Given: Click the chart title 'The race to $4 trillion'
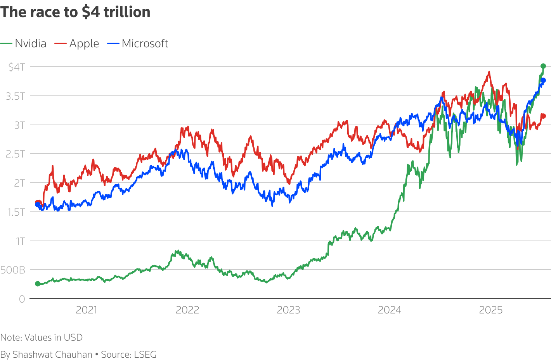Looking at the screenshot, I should coord(75,12).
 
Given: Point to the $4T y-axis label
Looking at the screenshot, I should coord(17,67).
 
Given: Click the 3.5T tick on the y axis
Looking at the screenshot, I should coord(16,96).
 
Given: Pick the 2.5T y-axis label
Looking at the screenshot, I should coord(16,154).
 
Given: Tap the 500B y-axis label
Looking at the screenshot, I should coord(13,270).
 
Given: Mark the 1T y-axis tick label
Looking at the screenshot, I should coord(20,241).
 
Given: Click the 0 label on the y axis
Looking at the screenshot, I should coord(22,299).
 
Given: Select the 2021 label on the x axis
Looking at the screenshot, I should coord(86,310).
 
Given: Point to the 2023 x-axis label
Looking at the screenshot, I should coord(288,310).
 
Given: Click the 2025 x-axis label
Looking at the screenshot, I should coord(490,310).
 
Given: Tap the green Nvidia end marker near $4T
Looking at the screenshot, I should coord(543,66).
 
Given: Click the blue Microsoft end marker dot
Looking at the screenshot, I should coord(543,80).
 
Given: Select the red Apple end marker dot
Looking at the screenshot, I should coord(544,116).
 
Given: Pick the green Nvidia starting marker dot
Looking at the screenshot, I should coord(38,284).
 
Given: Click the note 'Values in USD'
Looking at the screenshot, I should coord(54,337).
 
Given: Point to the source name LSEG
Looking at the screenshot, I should coord(145,355).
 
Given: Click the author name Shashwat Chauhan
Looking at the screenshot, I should coord(52,355).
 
